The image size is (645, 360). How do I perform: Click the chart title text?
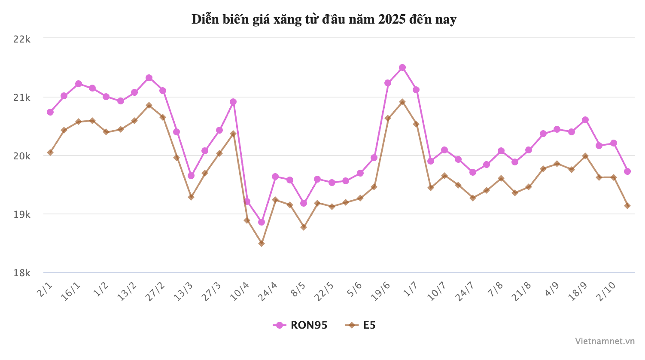tap(324, 20)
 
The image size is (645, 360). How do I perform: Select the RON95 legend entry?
tap(301, 325)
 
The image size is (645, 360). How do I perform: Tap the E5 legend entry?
tap(361, 325)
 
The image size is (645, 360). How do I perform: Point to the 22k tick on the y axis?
tap(22, 39)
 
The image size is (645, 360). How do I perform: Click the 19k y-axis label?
tap(22, 214)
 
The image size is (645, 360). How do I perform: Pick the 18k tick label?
tap(22, 272)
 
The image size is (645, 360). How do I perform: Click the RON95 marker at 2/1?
tap(50, 112)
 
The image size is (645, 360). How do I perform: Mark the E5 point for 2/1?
tap(50, 153)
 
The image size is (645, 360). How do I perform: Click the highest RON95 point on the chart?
tap(402, 67)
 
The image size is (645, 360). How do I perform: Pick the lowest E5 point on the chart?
tap(262, 244)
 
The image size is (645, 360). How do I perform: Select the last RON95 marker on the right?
tap(627, 171)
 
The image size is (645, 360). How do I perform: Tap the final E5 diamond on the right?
tap(627, 206)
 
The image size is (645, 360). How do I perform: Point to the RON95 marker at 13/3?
tap(191, 176)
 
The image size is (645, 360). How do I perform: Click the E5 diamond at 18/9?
tap(585, 156)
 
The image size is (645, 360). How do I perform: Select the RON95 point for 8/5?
tap(304, 203)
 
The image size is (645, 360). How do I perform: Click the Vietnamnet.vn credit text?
tap(605, 341)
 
